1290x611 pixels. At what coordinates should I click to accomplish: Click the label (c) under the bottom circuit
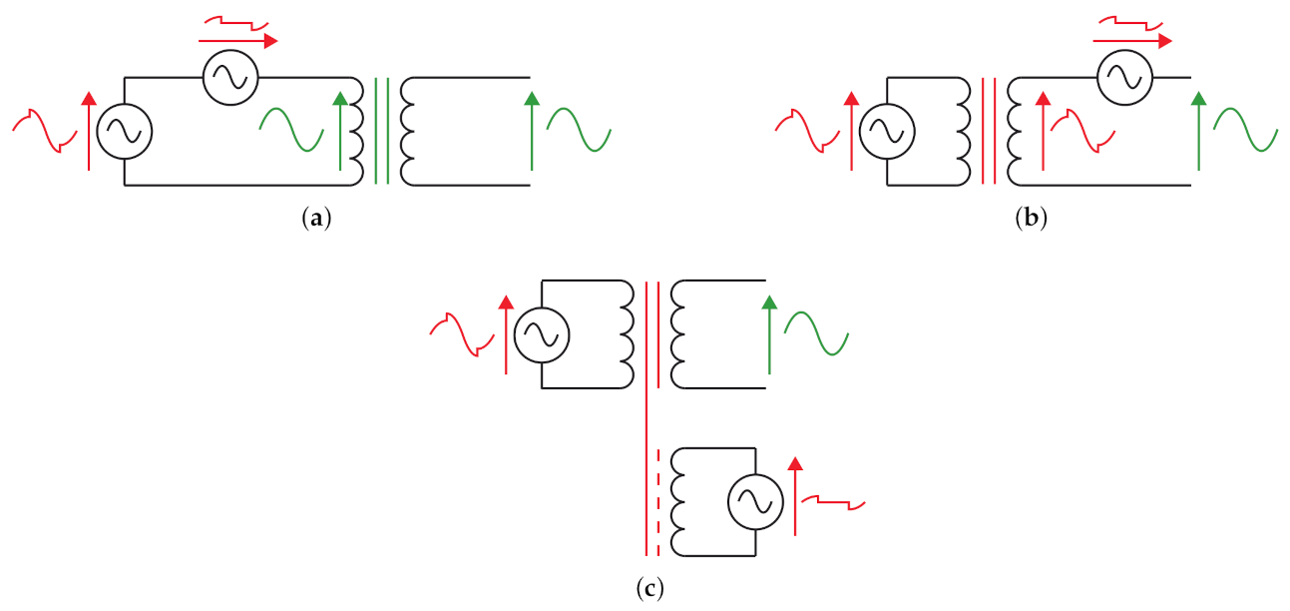[649, 588]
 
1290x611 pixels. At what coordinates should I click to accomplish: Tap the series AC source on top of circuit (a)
[230, 77]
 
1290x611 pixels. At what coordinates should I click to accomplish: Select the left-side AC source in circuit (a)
[125, 131]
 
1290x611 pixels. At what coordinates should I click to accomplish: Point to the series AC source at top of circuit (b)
[1124, 77]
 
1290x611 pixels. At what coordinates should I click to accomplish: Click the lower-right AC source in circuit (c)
[754, 502]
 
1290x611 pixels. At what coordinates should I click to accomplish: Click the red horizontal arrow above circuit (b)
[1132, 41]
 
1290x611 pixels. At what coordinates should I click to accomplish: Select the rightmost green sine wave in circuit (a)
[579, 129]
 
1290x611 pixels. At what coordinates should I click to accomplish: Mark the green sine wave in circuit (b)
[1245, 129]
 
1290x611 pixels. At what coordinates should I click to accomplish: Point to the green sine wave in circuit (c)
[816, 333]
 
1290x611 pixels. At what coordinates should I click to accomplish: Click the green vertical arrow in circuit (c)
[768, 334]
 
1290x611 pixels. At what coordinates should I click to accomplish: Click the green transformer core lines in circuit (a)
[381, 131]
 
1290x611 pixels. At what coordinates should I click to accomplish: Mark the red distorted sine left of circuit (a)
[46, 131]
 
